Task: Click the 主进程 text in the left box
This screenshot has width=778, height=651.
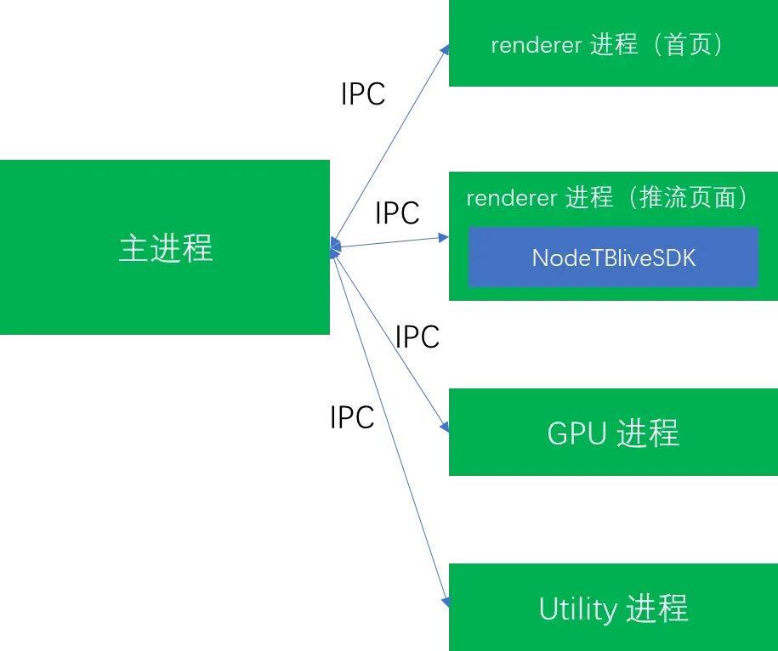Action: point(166,248)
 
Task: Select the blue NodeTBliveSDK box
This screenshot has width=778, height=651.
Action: point(613,258)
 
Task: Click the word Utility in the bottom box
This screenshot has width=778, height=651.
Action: point(577,609)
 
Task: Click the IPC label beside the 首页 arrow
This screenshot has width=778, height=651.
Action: point(363,94)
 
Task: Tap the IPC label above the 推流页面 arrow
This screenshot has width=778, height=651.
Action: point(397,213)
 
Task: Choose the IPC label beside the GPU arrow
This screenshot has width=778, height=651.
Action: point(417,337)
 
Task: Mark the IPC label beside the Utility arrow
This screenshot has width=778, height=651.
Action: point(352,417)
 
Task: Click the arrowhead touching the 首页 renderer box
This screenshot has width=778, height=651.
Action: point(445,50)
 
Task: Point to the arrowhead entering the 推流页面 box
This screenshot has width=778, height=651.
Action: point(443,236)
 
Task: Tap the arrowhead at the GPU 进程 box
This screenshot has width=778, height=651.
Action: point(444,427)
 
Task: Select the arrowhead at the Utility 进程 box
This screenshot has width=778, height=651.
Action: point(445,603)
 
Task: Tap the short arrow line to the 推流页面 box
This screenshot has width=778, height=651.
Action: point(391,241)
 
